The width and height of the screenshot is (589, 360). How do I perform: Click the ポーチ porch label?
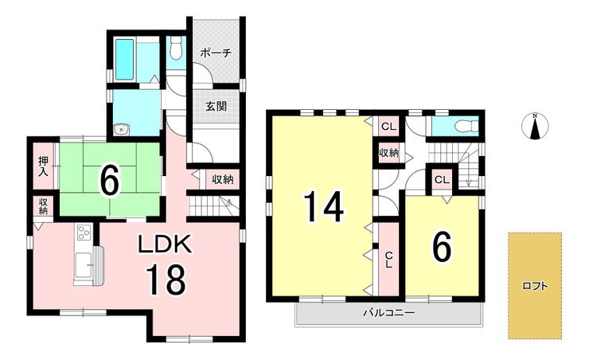tap(215, 53)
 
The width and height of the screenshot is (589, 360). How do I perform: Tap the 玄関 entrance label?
tap(216, 106)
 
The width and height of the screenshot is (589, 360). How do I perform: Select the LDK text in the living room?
tap(166, 245)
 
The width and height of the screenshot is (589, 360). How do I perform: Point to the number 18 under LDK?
tap(166, 280)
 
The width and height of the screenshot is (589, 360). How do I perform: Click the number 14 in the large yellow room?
tap(323, 206)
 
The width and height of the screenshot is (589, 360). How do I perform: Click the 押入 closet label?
tap(44, 166)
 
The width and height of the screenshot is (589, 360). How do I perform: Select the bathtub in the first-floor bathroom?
tap(124, 60)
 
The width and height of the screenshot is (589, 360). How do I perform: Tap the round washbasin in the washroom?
tap(121, 130)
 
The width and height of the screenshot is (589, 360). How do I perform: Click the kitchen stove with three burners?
tap(84, 233)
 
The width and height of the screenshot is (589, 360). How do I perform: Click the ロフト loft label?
tap(535, 287)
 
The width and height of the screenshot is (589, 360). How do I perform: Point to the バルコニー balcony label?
tap(388, 313)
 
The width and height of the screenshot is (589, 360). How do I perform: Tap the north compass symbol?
tap(536, 126)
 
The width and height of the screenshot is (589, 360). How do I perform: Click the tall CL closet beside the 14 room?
tap(388, 259)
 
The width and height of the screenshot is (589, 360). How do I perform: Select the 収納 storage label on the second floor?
tap(388, 153)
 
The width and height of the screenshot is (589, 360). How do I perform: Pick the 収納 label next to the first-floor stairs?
tap(223, 179)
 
